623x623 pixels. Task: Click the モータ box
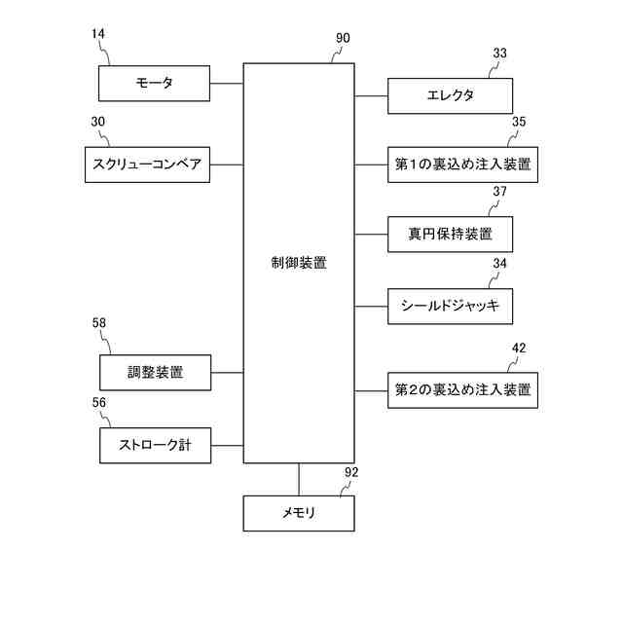pos(155,84)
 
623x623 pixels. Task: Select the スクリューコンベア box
pos(148,165)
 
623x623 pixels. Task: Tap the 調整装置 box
pos(155,372)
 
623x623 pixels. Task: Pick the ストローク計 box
pos(155,445)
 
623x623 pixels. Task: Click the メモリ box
pos(298,512)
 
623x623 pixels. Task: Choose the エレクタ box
pos(450,96)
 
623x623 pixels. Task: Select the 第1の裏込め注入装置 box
pos(462,165)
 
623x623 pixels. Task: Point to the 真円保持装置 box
pos(450,234)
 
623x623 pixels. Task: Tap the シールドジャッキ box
pos(450,306)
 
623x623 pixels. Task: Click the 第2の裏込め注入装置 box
pos(462,389)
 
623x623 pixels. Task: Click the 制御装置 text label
pos(299,263)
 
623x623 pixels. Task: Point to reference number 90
pos(343,39)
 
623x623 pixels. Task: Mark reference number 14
pos(98,34)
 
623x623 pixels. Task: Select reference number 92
pos(351,472)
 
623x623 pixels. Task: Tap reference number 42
pos(519,347)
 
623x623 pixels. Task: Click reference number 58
pos(98,323)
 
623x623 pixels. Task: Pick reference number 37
pos(499,192)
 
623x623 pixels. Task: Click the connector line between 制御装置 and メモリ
pos(299,479)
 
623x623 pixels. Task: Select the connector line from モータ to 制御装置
pos(227,84)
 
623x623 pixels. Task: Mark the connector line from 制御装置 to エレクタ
pos(371,96)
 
